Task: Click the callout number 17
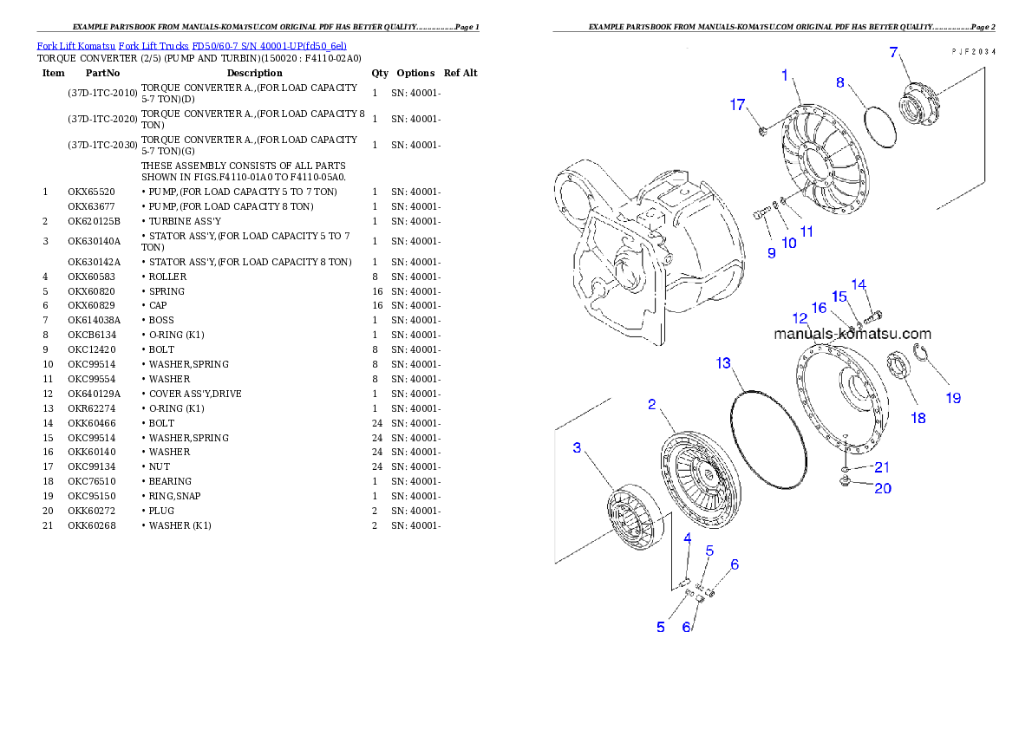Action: [737, 105]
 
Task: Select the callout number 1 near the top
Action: [785, 75]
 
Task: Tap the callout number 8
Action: [840, 82]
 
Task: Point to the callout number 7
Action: [893, 52]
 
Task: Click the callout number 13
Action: [723, 362]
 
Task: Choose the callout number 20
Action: [882, 488]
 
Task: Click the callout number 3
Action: [577, 447]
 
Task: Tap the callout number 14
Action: [859, 284]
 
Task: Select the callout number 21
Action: [881, 467]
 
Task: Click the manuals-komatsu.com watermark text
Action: [852, 334]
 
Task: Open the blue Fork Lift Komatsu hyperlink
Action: [192, 45]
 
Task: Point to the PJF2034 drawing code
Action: [972, 52]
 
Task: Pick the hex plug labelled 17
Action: [762, 131]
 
